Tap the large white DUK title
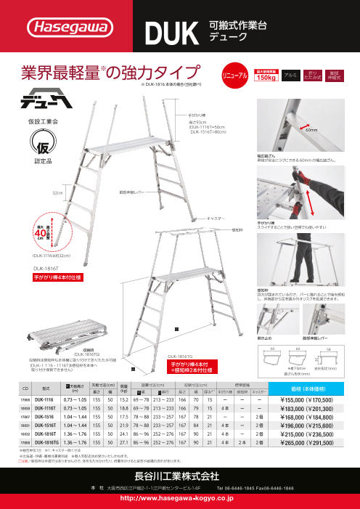(170, 31)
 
